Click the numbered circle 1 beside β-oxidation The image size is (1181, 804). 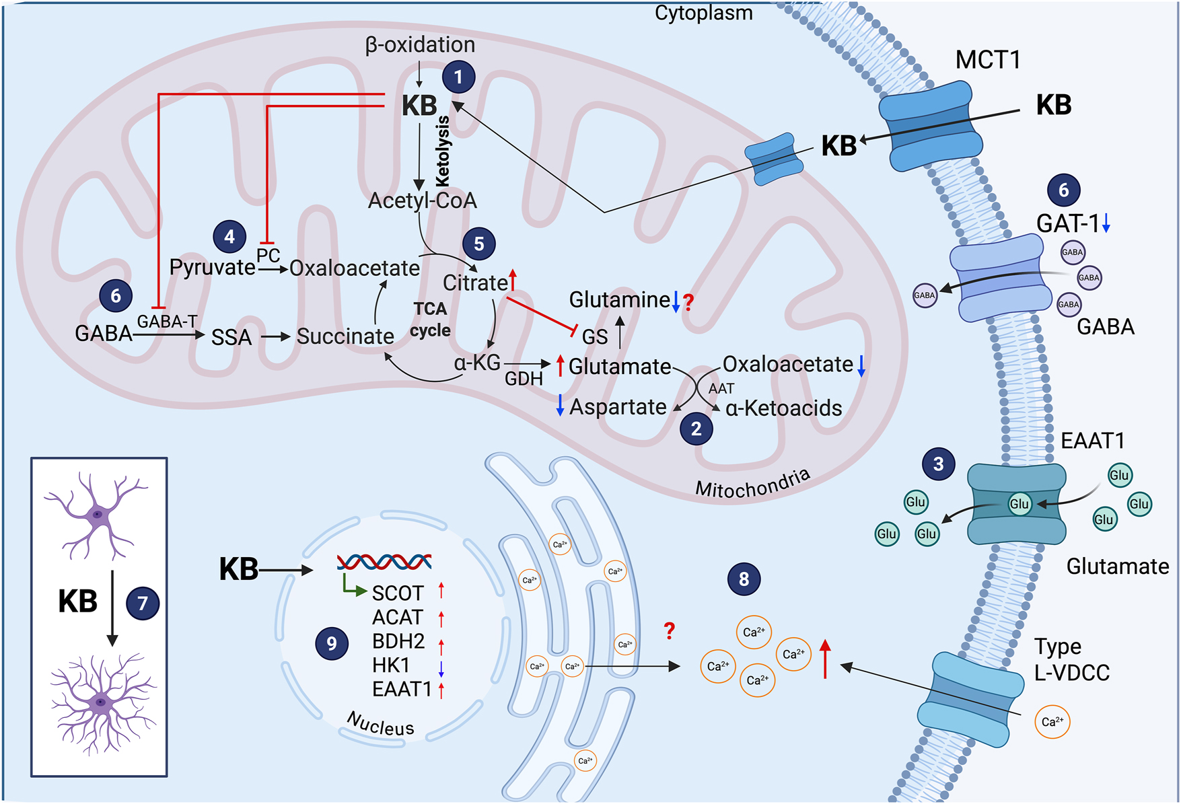(x=458, y=77)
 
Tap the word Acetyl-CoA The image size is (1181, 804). (x=422, y=200)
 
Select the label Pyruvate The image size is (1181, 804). (x=212, y=267)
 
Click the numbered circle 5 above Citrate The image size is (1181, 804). (x=478, y=244)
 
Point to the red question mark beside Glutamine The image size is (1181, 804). (x=688, y=303)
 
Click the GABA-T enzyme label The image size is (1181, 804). (x=167, y=322)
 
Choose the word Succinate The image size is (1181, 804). (x=345, y=336)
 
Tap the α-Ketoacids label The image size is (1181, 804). (x=783, y=408)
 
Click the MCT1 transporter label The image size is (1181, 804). (x=987, y=60)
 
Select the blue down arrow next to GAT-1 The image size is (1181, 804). (x=1106, y=223)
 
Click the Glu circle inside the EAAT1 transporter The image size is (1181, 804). (x=1019, y=504)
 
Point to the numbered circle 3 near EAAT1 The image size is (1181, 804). (x=938, y=464)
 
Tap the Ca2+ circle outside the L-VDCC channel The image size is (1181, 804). (x=1052, y=721)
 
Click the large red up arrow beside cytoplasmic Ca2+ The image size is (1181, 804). (x=825, y=659)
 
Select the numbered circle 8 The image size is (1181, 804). (x=744, y=579)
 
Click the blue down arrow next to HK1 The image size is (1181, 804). (x=441, y=667)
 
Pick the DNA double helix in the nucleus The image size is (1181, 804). (x=384, y=561)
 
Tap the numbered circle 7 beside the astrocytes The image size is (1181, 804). (x=143, y=603)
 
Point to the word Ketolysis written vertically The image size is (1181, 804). (x=443, y=151)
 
